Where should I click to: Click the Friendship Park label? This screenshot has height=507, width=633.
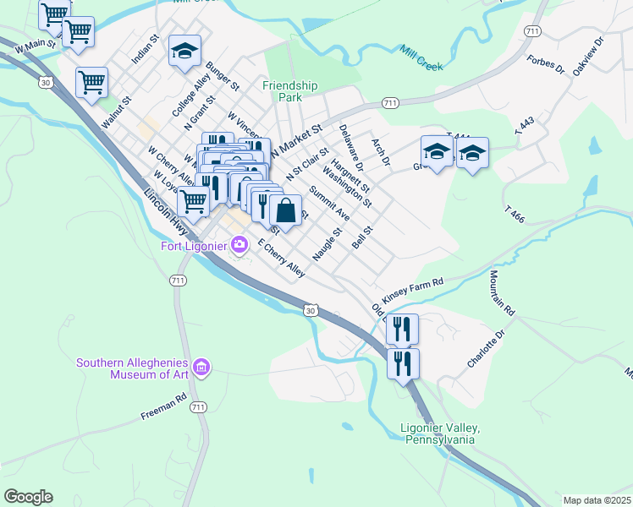pyautogui.click(x=289, y=91)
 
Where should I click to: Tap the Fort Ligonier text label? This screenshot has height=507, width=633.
pyautogui.click(x=194, y=247)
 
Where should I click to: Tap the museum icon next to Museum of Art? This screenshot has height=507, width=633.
pyautogui.click(x=201, y=368)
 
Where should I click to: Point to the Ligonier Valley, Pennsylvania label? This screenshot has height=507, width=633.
pyautogui.click(x=440, y=434)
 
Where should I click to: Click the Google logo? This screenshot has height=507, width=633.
pyautogui.click(x=28, y=497)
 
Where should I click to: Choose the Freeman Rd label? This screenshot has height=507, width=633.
pyautogui.click(x=163, y=407)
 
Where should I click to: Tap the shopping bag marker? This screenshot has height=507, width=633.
pyautogui.click(x=286, y=211)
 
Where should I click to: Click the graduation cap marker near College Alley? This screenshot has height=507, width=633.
pyautogui.click(x=184, y=52)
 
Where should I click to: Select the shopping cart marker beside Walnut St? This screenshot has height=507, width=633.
pyautogui.click(x=91, y=83)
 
